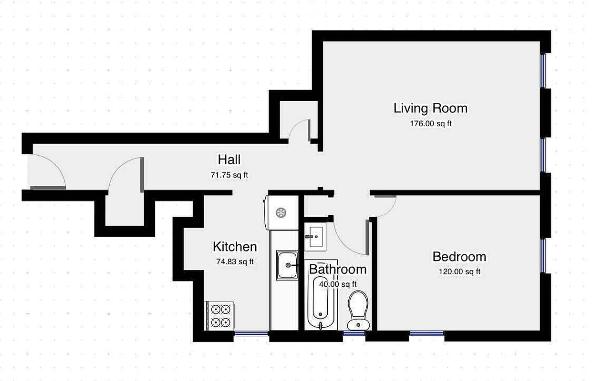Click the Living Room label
[x=430, y=108]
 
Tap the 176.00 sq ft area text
[x=430, y=124]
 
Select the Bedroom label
[x=459, y=257]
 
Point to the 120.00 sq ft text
[x=459, y=272]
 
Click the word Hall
[x=229, y=160]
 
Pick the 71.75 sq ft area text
[x=229, y=175]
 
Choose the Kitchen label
[x=234, y=247]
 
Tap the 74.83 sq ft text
[x=234, y=261]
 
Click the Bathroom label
[x=338, y=270]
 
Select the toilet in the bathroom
[x=358, y=310]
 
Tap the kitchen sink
[x=287, y=264]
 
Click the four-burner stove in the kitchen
[x=220, y=315]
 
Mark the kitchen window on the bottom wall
[x=251, y=333]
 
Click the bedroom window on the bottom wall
[x=427, y=333]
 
